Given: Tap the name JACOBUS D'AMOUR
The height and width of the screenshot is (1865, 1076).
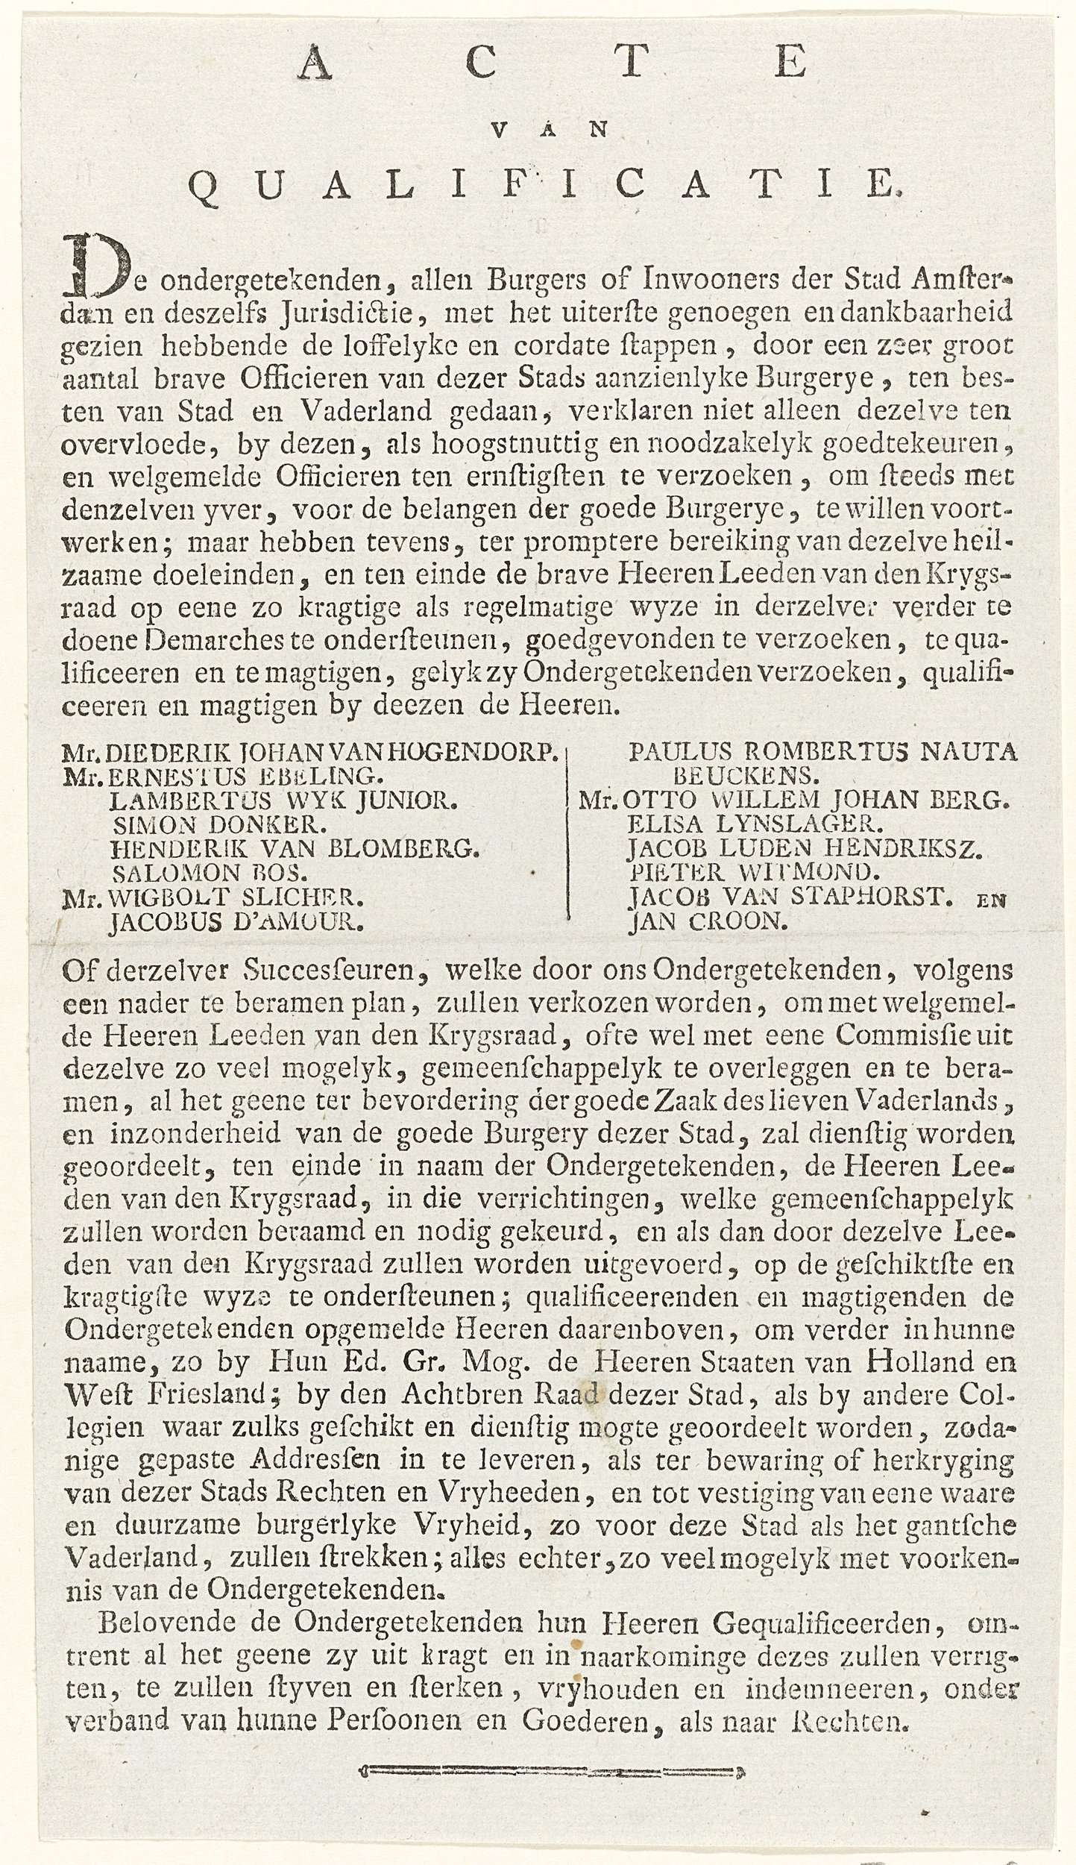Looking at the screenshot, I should pyautogui.click(x=236, y=923).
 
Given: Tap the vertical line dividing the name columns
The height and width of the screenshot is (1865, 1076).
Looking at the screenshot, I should pyautogui.click(x=568, y=836).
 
